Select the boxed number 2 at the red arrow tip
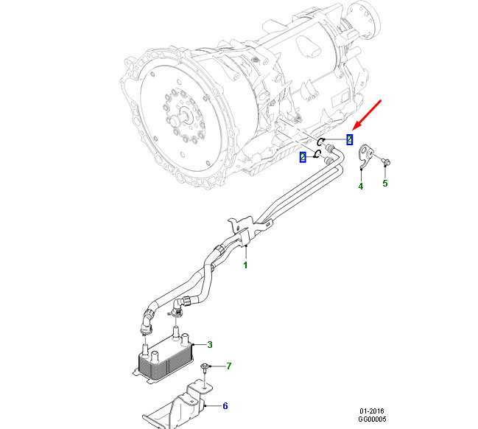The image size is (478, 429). tap(350, 139)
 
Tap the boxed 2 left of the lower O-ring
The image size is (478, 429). tap(303, 157)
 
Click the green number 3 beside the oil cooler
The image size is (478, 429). tap(210, 345)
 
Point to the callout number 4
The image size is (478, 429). tap(361, 186)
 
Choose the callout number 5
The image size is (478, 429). tap(384, 184)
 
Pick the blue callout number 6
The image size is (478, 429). tap(225, 405)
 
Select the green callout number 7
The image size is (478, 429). tap(229, 366)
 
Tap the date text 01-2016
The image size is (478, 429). tap(371, 411)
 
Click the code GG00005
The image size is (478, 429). tap(371, 419)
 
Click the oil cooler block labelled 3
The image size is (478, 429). tap(165, 359)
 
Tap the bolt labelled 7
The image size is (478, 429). tap(208, 366)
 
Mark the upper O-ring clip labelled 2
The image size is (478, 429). tap(322, 142)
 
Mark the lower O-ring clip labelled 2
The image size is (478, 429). tap(318, 154)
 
